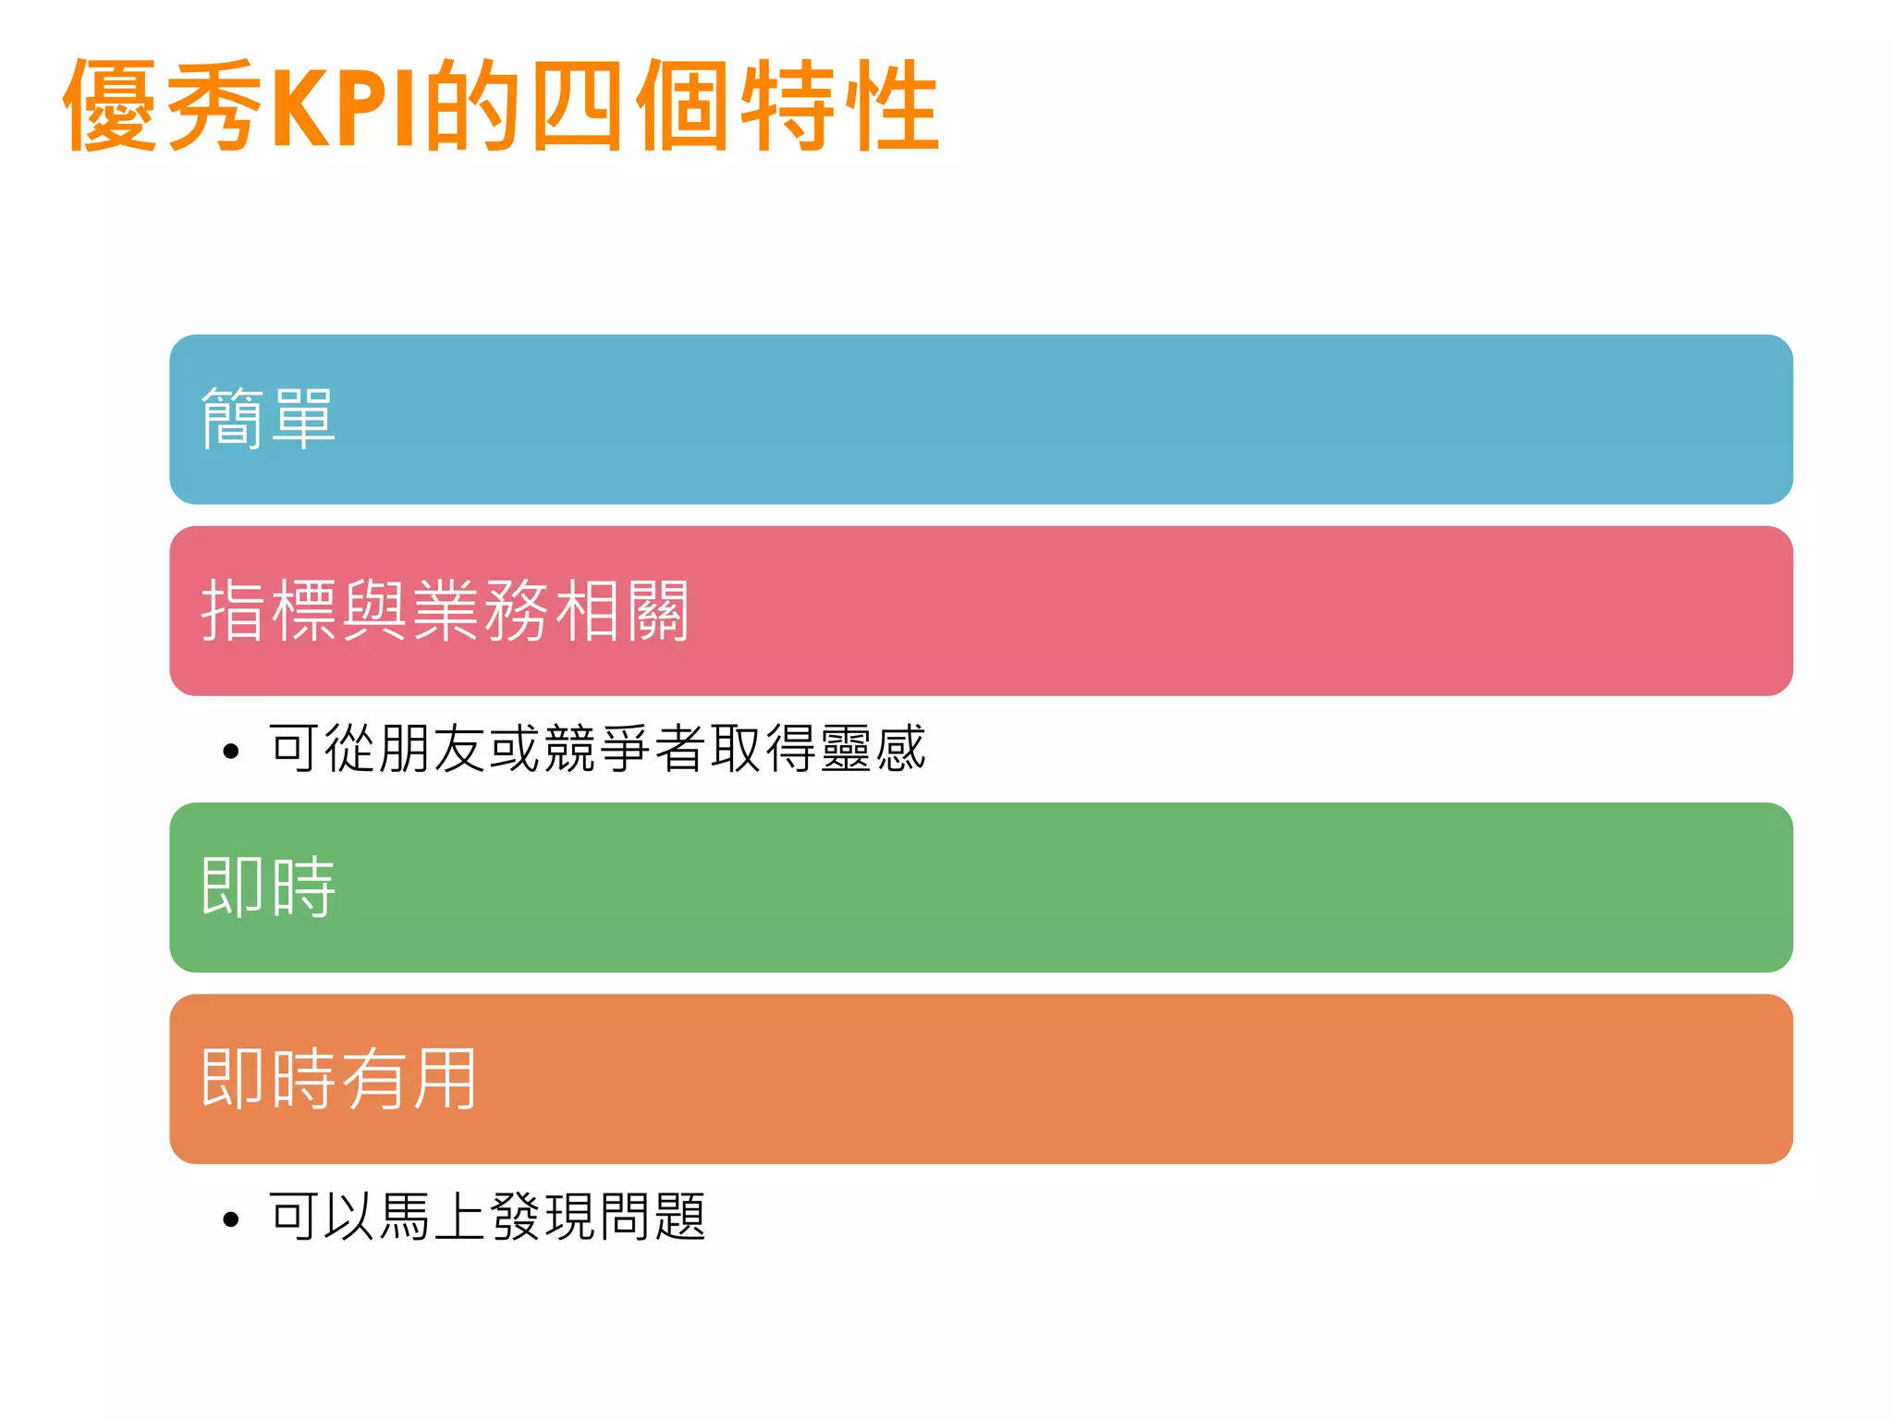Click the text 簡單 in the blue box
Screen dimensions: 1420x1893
click(x=268, y=419)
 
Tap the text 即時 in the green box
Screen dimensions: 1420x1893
click(x=268, y=887)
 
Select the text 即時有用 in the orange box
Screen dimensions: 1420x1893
click(x=339, y=1079)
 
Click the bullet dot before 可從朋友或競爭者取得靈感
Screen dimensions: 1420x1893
click(x=231, y=751)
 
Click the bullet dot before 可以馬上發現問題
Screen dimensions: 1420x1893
click(x=231, y=1219)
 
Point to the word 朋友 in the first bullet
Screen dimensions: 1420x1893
click(x=433, y=748)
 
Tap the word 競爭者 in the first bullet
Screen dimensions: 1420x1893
click(x=625, y=748)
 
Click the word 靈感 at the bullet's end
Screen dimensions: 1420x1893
click(x=873, y=748)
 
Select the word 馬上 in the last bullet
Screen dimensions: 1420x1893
click(x=433, y=1217)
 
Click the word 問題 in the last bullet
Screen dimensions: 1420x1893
click(x=653, y=1217)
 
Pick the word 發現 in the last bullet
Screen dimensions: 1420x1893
click(x=543, y=1217)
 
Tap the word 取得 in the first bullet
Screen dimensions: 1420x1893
click(x=763, y=748)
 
